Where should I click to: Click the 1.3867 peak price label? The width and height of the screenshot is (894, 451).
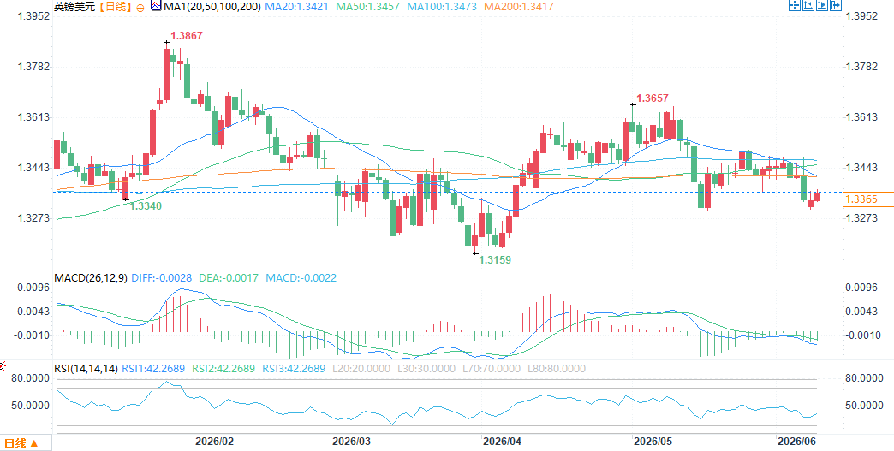187,36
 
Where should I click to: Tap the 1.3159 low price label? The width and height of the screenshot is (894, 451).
495,259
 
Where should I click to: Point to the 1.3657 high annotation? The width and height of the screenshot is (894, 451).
653,98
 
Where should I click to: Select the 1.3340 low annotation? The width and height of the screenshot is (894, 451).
146,206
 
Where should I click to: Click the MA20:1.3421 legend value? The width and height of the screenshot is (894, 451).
296,7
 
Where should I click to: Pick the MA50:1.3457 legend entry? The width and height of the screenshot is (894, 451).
367,7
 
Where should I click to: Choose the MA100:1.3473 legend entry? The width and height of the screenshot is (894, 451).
441,7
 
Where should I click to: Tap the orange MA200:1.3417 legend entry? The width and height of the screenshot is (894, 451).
518,7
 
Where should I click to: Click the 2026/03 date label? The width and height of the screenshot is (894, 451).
351,442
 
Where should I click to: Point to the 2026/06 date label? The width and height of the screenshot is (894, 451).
797,442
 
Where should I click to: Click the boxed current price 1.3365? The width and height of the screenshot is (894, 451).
861,199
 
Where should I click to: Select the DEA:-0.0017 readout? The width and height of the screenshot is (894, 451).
229,278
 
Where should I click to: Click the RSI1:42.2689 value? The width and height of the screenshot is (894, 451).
153,369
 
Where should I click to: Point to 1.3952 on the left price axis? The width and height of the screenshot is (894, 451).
34,16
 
